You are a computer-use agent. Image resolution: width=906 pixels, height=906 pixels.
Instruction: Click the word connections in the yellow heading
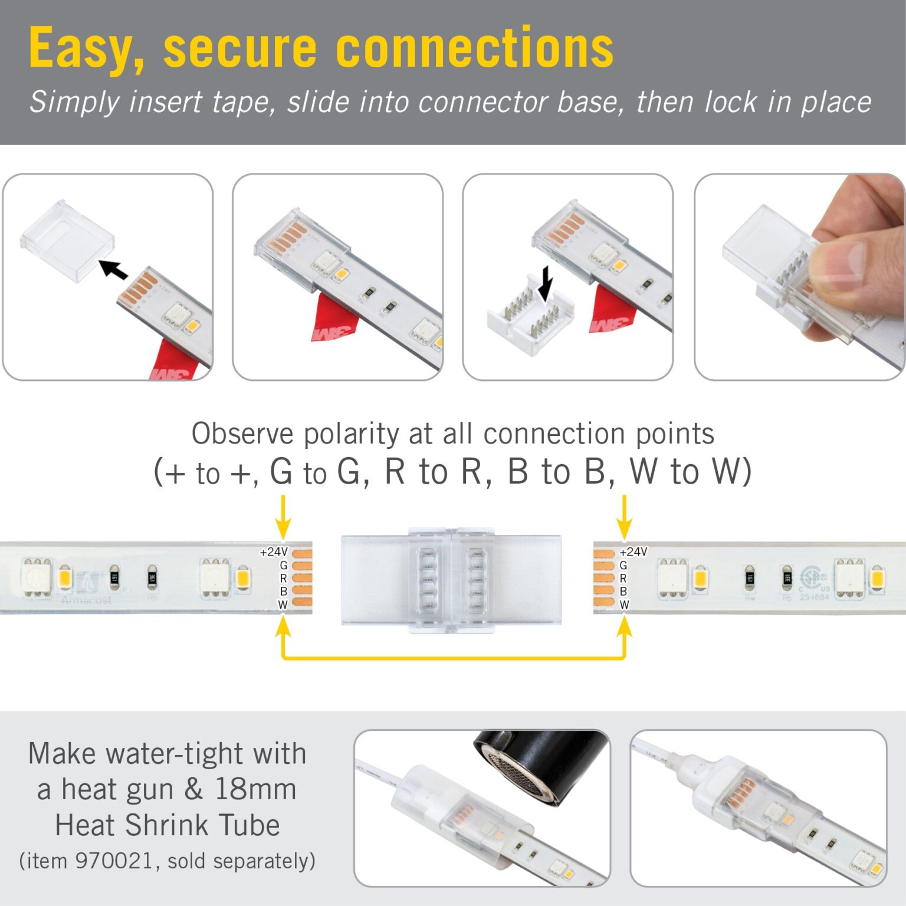[474, 49]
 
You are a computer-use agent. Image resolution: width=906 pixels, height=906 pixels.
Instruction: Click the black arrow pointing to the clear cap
[113, 269]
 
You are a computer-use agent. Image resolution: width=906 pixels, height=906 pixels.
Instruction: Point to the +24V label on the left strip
[273, 552]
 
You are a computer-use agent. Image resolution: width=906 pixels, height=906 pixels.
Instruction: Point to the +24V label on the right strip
[633, 552]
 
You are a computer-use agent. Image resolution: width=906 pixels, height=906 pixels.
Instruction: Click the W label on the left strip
[283, 605]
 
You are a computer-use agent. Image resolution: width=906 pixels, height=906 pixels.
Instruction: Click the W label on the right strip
[624, 605]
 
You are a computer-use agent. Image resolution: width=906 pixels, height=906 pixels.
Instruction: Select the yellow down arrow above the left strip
[283, 517]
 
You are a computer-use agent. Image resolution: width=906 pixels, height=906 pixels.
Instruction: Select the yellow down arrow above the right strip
[624, 517]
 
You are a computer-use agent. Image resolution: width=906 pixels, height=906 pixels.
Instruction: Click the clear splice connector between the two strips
[451, 579]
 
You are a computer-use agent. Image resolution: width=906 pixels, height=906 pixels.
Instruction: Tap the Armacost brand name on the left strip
[86, 600]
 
